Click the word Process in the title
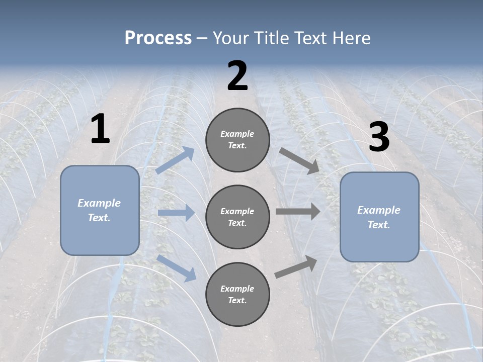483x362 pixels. click(158, 38)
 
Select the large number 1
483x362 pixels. click(100, 129)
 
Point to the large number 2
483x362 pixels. click(237, 76)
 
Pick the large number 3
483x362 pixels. click(379, 137)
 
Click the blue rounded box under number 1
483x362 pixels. click(100, 210)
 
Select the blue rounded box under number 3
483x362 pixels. click(379, 217)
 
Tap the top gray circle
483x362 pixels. click(237, 140)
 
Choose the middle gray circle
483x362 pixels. click(237, 217)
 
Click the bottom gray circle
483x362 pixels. click(237, 294)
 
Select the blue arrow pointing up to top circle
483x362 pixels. click(176, 160)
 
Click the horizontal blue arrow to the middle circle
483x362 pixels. click(176, 213)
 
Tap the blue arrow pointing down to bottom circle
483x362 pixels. click(177, 267)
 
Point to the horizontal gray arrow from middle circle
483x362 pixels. click(298, 212)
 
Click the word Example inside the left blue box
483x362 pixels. click(99, 203)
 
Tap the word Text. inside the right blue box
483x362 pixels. click(379, 225)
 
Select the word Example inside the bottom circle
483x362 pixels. click(237, 289)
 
